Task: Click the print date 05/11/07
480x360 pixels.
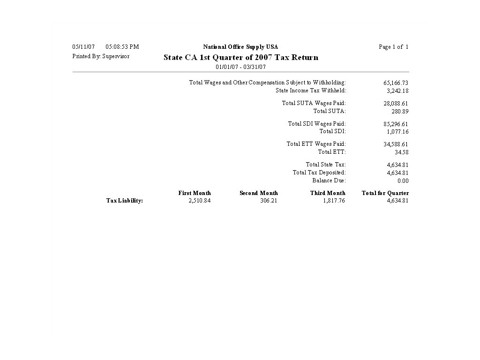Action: (x=83, y=47)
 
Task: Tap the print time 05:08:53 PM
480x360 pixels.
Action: (x=122, y=47)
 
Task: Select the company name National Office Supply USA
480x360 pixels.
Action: (x=240, y=47)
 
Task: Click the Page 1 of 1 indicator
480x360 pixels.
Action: (x=394, y=47)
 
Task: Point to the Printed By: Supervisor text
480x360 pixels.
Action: (x=101, y=56)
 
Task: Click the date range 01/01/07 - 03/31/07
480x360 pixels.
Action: (x=240, y=67)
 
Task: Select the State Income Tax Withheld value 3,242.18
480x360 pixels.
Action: (x=397, y=91)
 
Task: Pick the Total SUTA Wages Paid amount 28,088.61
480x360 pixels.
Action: (x=396, y=104)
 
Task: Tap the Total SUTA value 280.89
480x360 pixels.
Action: (x=400, y=112)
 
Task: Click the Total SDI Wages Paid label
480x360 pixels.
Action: (x=317, y=124)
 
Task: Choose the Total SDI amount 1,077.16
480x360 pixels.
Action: (x=397, y=132)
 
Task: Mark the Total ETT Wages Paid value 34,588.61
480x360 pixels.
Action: (x=396, y=144)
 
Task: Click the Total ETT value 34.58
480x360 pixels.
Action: (x=402, y=152)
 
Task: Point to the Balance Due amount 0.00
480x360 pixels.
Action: (x=403, y=181)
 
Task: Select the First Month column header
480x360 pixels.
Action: (x=195, y=193)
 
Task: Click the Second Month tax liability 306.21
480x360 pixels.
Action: (x=269, y=201)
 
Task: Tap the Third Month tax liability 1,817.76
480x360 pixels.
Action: (x=334, y=201)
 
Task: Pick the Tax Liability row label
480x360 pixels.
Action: (x=124, y=201)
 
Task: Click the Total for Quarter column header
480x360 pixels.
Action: (x=385, y=193)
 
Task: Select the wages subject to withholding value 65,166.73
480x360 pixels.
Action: (x=396, y=83)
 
